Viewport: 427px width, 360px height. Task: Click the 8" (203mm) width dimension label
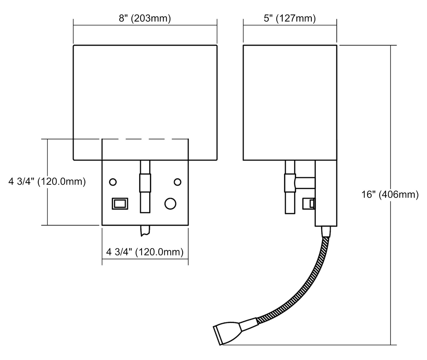click(145, 19)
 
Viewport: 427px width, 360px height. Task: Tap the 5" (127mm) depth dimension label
click(290, 19)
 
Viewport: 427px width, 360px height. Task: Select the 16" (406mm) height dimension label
click(390, 195)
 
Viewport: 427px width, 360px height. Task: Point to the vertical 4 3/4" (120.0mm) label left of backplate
click(47, 181)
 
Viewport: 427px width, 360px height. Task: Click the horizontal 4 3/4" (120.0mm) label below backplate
click(145, 252)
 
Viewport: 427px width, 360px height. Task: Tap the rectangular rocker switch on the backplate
click(120, 204)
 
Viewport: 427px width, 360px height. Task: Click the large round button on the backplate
click(170, 204)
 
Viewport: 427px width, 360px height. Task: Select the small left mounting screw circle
click(113, 181)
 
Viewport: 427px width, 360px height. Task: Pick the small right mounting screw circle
click(178, 181)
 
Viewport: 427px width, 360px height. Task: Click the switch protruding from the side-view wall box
click(309, 204)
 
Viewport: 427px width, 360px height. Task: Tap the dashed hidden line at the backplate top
click(145, 139)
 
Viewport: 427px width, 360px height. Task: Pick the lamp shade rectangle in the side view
click(290, 103)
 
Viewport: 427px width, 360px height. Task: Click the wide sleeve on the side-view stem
click(290, 183)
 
